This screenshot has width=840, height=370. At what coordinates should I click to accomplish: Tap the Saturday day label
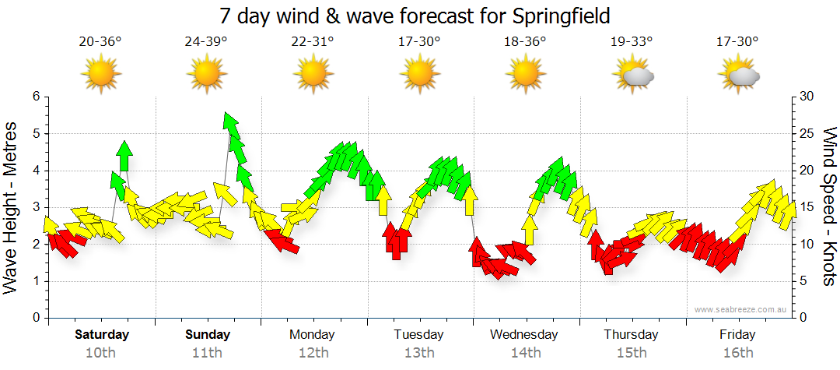coord(102,335)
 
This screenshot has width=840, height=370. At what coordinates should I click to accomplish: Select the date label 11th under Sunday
coord(208,353)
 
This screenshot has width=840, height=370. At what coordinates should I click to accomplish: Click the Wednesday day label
coord(524,335)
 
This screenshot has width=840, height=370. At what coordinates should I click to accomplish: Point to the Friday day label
coord(737,335)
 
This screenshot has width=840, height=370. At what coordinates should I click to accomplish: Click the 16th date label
coord(737,353)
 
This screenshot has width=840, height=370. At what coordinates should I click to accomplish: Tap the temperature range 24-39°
coord(206,42)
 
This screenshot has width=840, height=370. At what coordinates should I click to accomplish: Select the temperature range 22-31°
coord(312,42)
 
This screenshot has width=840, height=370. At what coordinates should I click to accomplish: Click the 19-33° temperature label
coord(631,42)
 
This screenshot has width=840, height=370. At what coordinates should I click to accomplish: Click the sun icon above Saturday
coord(101,75)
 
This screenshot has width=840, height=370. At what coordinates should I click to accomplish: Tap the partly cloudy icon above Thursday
coord(634,75)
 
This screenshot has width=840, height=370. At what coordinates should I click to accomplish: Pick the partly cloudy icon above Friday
coord(740,75)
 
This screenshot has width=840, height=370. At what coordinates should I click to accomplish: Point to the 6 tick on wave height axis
coord(35,97)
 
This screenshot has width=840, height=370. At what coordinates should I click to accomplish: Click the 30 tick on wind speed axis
coord(808,97)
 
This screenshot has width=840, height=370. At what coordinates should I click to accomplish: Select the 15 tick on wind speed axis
coord(808,208)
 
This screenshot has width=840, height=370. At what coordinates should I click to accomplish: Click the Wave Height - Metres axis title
coord(12,207)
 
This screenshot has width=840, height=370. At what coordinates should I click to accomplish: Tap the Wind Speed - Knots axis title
coord(828,207)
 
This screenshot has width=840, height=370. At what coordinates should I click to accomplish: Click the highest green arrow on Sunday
coord(230,123)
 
